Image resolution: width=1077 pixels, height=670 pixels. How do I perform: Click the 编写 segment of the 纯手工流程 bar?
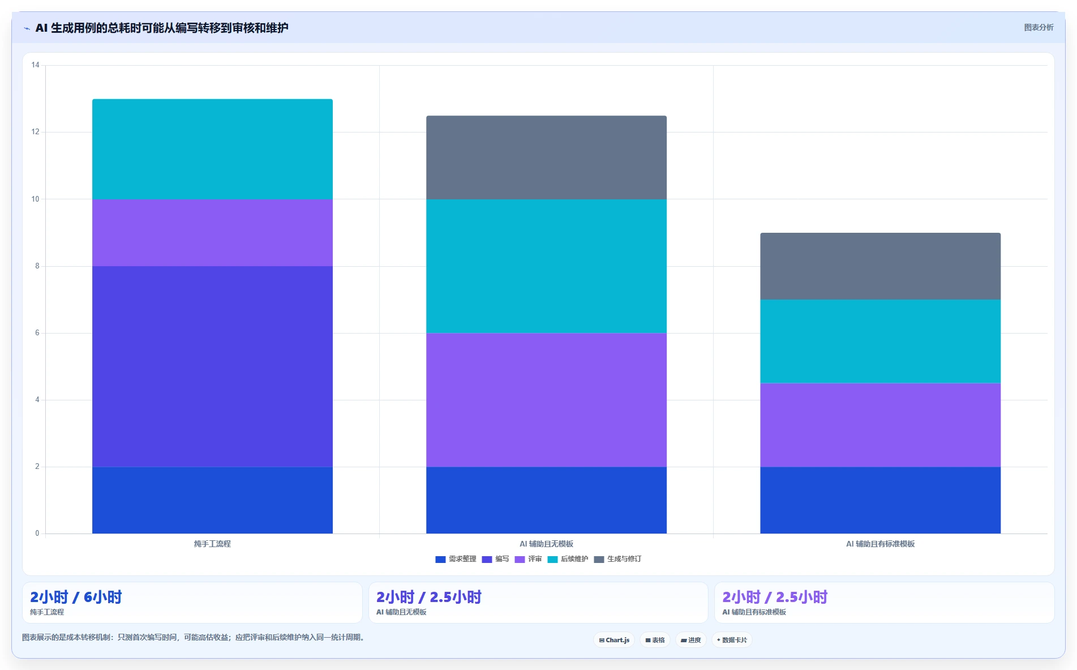tap(212, 366)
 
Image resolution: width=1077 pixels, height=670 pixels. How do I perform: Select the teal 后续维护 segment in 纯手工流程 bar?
tap(212, 149)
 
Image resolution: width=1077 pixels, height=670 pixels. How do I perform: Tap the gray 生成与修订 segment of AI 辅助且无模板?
tap(546, 157)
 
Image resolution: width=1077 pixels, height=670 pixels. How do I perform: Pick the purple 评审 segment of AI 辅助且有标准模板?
tap(880, 425)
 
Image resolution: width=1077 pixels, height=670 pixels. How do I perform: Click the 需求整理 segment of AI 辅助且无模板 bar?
tap(546, 500)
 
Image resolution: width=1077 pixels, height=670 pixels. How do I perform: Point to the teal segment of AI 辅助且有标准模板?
tap(880, 342)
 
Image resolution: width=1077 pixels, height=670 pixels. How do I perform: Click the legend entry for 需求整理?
tap(456, 559)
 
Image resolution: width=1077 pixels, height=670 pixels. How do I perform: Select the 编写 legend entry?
tap(495, 559)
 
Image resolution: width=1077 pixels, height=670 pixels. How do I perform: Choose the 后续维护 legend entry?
tap(568, 559)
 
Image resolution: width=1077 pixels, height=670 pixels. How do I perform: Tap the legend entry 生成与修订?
tap(617, 559)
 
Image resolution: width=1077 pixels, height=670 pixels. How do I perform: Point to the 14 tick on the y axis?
tap(36, 65)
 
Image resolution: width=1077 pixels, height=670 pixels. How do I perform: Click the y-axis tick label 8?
tap(37, 266)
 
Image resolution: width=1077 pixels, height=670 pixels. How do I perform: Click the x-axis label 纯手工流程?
tap(212, 544)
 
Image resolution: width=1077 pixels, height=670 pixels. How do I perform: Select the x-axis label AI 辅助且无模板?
tap(546, 544)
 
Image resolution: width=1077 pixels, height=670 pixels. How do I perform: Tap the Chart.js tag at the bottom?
tap(614, 640)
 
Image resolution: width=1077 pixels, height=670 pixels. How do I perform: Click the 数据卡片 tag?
tap(732, 640)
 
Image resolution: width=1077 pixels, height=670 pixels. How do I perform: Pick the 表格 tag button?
tap(655, 640)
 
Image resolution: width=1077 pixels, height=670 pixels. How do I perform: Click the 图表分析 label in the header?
tap(1039, 27)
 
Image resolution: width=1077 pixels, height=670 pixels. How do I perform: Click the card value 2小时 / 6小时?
tap(76, 597)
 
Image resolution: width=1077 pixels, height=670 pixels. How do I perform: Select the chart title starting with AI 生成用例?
tap(162, 28)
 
